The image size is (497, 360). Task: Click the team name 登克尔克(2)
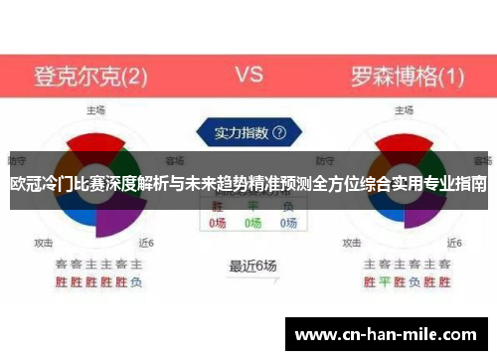coord(91,76)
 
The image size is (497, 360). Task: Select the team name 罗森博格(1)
coord(407,76)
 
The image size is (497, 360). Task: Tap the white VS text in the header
coord(248,75)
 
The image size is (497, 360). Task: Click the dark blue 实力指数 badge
coord(245,131)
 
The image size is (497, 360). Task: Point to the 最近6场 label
coord(252,266)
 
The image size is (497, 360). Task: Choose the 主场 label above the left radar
coord(95,110)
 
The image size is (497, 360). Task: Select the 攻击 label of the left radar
coord(44,242)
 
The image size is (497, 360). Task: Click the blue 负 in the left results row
coord(136,281)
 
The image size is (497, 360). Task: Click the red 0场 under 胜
coord(218,224)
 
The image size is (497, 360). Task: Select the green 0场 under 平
coord(252,224)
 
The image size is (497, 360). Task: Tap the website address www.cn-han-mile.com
coord(388,336)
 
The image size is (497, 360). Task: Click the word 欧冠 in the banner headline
coord(23,184)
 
